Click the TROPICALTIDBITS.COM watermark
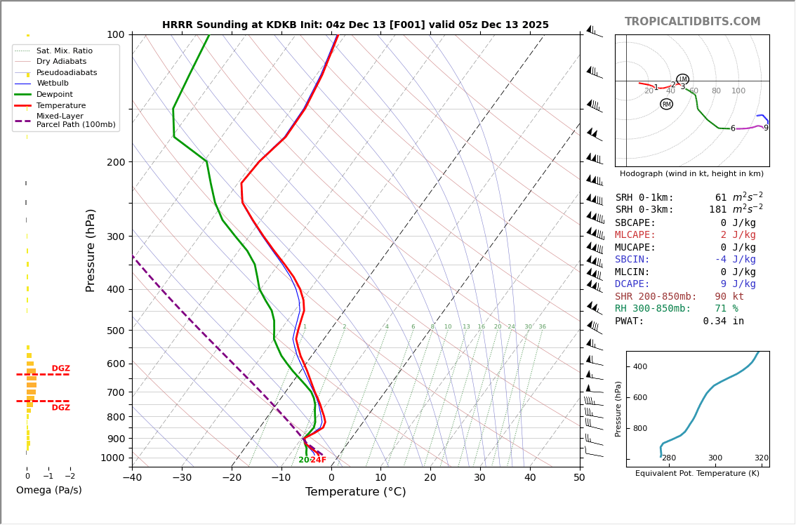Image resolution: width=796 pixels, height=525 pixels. [692, 22]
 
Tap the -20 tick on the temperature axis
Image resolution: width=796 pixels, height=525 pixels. [232, 478]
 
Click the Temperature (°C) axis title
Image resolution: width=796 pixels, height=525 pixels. [355, 492]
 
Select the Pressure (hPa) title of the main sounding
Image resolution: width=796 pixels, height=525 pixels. [91, 250]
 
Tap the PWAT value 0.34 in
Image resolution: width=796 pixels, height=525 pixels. [723, 321]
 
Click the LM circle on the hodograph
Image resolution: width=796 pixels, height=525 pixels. [682, 79]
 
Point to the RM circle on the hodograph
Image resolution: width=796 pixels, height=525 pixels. [666, 104]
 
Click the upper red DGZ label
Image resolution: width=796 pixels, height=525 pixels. [60, 368]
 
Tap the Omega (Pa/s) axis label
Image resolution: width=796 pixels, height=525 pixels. [48, 491]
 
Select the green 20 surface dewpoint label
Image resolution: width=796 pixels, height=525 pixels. [303, 460]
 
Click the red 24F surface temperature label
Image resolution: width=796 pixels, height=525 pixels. [318, 460]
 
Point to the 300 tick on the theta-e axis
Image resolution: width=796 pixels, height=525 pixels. [715, 458]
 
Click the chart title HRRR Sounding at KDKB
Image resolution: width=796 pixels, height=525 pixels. [355, 25]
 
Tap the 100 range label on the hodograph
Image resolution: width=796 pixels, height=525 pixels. [738, 91]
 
